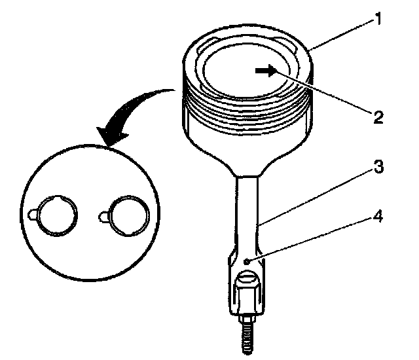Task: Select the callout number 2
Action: click(377, 118)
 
